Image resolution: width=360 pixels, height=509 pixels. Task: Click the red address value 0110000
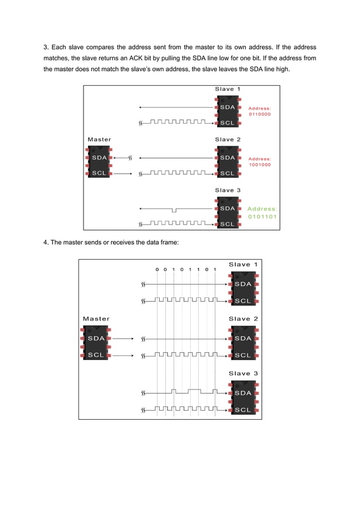pyautogui.click(x=260, y=114)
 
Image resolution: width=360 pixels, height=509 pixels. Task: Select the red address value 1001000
pyautogui.click(x=260, y=165)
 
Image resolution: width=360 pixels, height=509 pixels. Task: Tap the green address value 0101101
pyautogui.click(x=262, y=216)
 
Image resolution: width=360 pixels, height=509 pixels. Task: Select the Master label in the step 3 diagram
pyautogui.click(x=99, y=139)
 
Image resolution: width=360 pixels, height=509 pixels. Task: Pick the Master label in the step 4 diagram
pyautogui.click(x=96, y=319)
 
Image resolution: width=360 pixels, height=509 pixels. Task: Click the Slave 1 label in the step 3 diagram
pyautogui.click(x=227, y=89)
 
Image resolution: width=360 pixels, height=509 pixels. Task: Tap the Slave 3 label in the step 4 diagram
pyautogui.click(x=243, y=374)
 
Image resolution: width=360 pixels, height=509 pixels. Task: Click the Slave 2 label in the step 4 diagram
pyautogui.click(x=243, y=319)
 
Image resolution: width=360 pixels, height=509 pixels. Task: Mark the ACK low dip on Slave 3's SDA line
pyautogui.click(x=175, y=210)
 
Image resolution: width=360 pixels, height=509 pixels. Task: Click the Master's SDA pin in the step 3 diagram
pyautogui.click(x=99, y=158)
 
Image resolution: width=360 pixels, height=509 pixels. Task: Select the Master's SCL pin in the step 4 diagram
pyautogui.click(x=96, y=356)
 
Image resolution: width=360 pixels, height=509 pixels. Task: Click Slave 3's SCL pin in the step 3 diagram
pyautogui.click(x=227, y=224)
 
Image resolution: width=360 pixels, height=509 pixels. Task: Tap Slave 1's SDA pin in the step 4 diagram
pyautogui.click(x=243, y=284)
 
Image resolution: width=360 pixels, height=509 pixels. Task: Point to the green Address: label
pyautogui.click(x=262, y=209)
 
